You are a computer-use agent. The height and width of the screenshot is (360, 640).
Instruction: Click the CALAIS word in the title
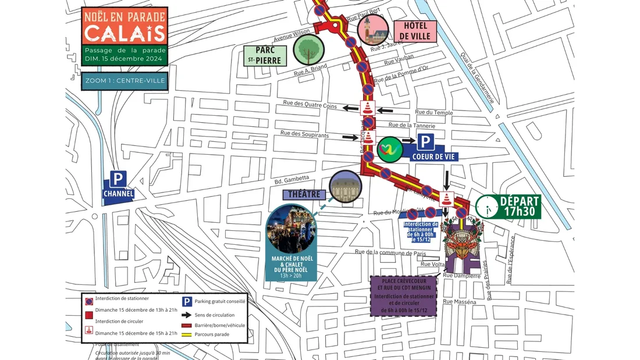[x=125, y=34]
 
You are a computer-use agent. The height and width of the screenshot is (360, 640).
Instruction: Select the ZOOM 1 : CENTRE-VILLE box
[x=125, y=81]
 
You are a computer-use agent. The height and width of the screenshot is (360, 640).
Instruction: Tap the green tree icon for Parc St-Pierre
[x=308, y=49]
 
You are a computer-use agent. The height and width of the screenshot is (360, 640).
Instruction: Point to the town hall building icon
[x=373, y=30]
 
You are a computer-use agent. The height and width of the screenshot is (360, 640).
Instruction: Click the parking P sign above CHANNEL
[x=119, y=180]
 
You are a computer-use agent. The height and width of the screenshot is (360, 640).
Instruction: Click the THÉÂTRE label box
[x=305, y=194]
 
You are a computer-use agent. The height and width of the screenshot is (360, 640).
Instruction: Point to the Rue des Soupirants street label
[x=305, y=134]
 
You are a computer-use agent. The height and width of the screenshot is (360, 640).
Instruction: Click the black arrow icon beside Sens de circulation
[x=187, y=315]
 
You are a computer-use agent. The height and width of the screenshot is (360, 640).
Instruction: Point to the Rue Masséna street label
[x=459, y=302]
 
